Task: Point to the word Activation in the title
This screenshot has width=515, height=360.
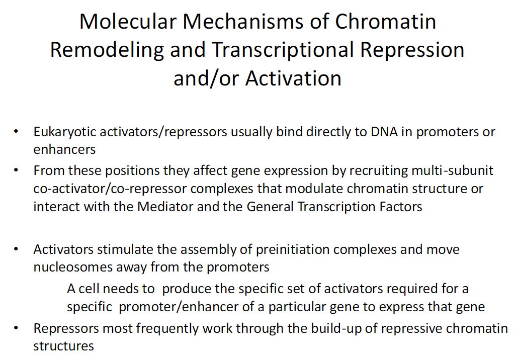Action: (x=293, y=78)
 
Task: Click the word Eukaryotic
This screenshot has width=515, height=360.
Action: (x=64, y=132)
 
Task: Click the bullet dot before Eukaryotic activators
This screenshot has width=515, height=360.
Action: (x=17, y=132)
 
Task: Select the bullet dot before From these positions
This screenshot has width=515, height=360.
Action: (x=17, y=170)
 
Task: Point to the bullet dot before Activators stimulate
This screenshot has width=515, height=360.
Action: (x=17, y=249)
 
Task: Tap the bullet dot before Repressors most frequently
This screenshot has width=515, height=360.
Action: (x=17, y=329)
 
